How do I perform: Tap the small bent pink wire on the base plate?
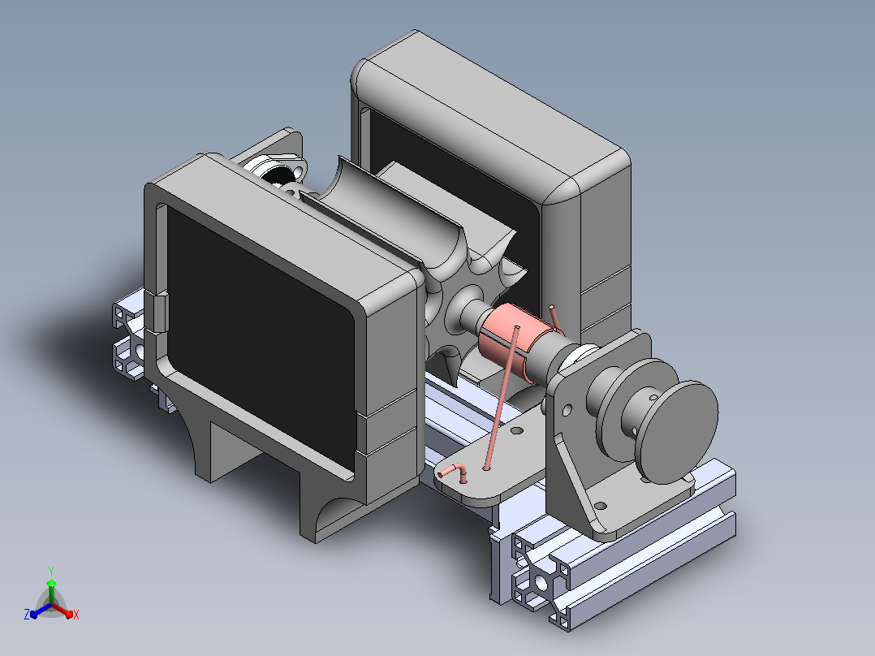pos(455,472)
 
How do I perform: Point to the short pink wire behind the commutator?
pos(554,317)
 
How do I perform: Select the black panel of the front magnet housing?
pos(261,336)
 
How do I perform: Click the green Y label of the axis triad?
pos(51,571)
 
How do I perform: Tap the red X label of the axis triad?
pos(76,615)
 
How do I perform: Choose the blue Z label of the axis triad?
pos(26,615)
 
